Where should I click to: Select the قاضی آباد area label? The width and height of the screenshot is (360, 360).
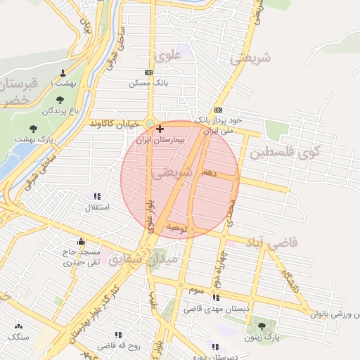[272, 243]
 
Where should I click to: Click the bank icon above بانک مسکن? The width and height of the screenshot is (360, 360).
[148, 72]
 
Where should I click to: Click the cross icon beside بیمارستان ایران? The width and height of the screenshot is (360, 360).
[160, 129]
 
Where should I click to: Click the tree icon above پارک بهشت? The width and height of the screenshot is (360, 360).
[33, 129]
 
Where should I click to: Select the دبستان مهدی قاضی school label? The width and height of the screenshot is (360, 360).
[212, 309]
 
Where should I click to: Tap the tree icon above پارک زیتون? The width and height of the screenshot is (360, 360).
[263, 326]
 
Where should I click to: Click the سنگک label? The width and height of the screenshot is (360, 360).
[18, 337]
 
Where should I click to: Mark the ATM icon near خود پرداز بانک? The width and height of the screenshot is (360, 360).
[218, 110]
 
